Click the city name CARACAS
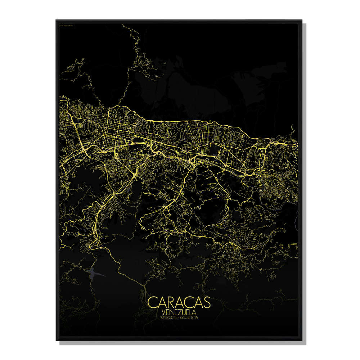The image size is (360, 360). pos(179,302)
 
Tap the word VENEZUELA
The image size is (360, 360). pos(179,312)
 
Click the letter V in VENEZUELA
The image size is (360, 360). pos(165,312)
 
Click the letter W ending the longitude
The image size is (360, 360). pos(197,318)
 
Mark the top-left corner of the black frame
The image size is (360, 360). pos(57,20)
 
